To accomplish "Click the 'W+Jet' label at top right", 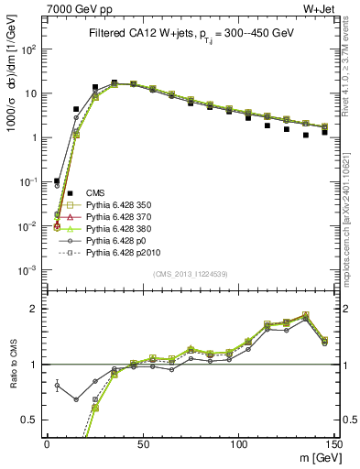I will (328, 9).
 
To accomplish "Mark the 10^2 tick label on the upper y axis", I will (31, 49).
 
